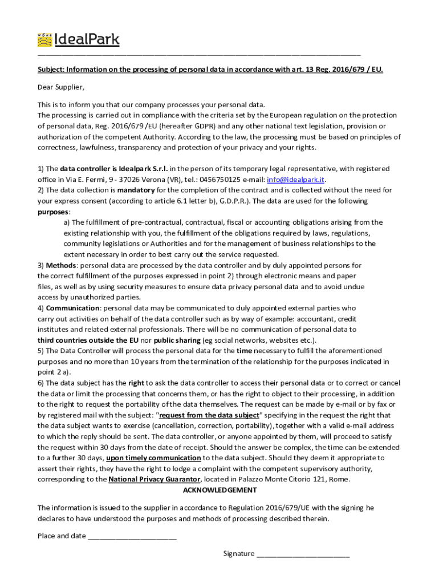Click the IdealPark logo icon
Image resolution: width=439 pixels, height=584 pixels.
click(x=44, y=39)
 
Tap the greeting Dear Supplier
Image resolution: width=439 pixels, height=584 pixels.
click(x=61, y=87)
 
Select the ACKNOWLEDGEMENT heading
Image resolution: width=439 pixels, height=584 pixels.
click(x=219, y=490)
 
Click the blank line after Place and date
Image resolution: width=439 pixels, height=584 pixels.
click(x=132, y=536)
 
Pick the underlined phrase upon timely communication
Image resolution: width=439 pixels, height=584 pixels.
click(x=153, y=458)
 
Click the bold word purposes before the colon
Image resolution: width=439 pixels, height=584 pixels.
click(x=53, y=212)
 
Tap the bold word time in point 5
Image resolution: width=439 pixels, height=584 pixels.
click(x=244, y=351)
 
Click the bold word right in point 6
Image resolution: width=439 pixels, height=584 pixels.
click(x=136, y=383)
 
